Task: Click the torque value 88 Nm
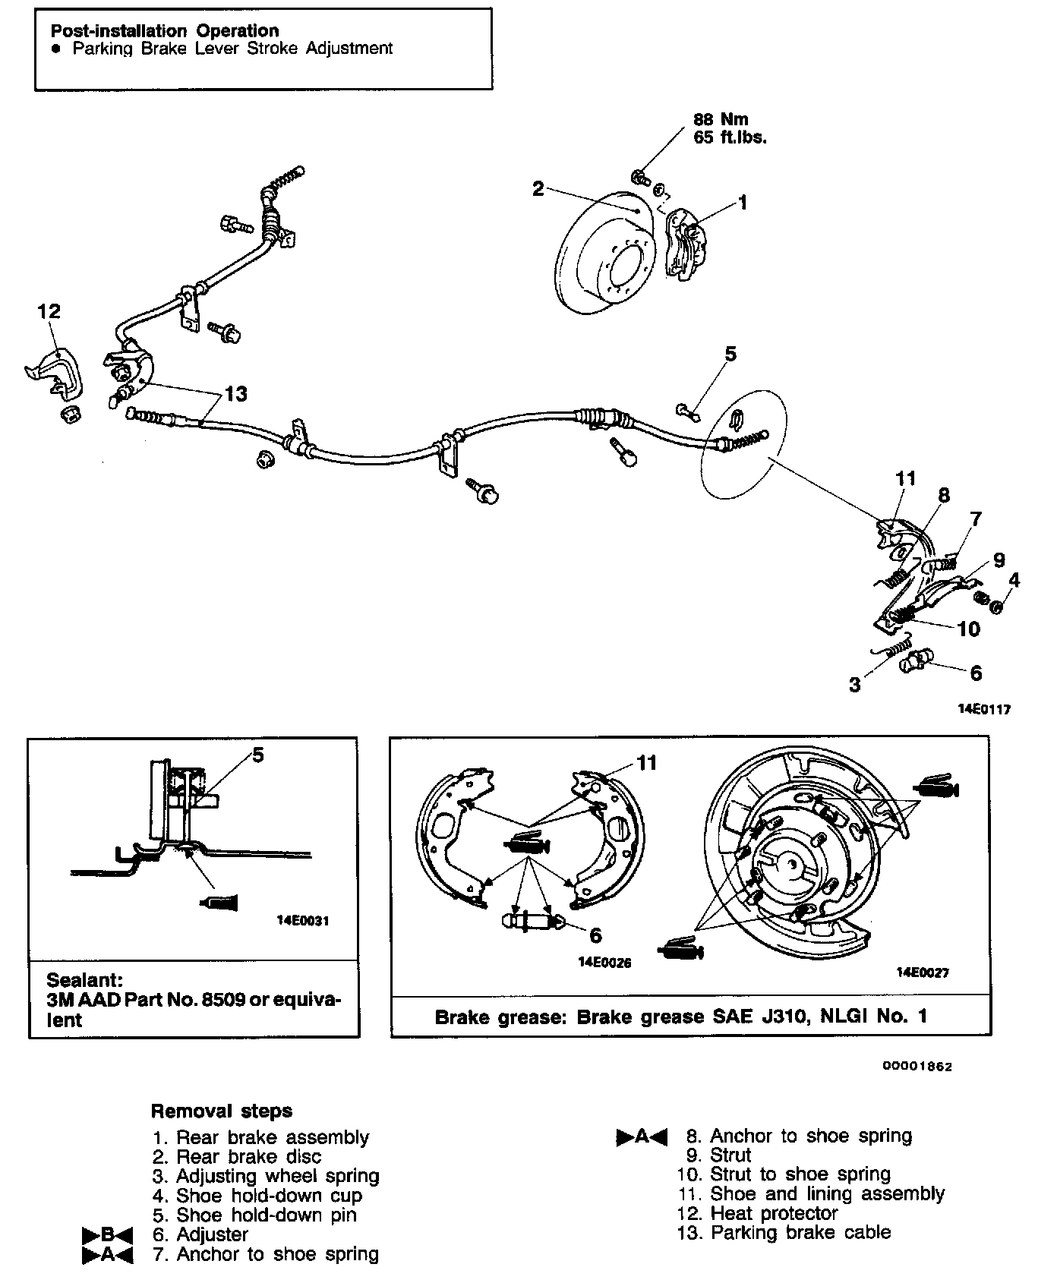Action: pos(721,119)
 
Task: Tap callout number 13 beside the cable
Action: pos(235,394)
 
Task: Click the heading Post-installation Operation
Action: pos(164,31)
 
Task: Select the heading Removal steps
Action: pos(222,1111)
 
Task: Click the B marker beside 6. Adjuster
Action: pos(107,1235)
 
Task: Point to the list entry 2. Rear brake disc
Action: pos(237,1157)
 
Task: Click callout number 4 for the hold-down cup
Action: pos(1014,581)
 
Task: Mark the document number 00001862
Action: pos(917,1066)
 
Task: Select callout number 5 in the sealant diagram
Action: pos(258,755)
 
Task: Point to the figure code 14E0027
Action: pos(923,972)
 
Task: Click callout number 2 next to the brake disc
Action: pos(538,188)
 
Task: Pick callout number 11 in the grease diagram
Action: pos(645,762)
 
